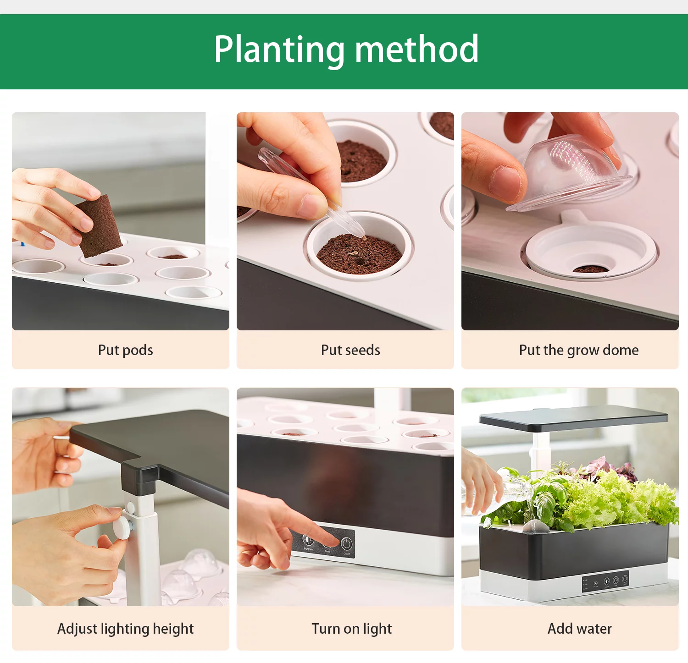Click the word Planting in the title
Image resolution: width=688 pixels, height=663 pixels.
(x=279, y=49)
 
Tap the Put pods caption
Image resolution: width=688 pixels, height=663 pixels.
(x=125, y=350)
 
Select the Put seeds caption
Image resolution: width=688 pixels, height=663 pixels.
(x=350, y=350)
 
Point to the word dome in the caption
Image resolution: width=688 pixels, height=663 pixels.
(x=621, y=350)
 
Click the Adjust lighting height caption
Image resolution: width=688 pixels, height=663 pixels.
(x=125, y=629)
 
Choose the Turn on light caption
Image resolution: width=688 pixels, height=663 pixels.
(x=351, y=629)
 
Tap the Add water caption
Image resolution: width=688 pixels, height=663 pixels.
(x=579, y=629)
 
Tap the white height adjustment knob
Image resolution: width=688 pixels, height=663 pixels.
(x=122, y=527)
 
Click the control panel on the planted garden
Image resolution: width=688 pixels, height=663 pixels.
(x=605, y=582)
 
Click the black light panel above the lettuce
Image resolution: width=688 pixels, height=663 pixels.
(x=573, y=418)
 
